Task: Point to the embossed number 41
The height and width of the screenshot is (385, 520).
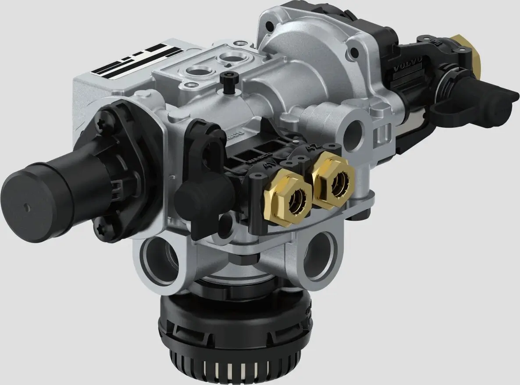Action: [x=269, y=165]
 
